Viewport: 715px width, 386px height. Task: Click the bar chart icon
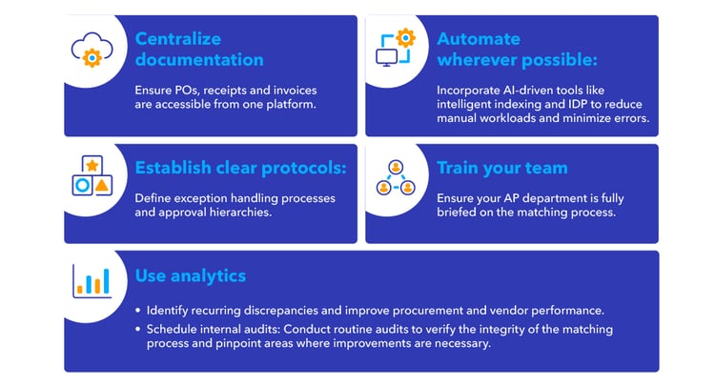[92, 280]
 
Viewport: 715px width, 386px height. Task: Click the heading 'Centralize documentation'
[198, 50]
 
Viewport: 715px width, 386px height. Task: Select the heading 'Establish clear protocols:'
[240, 169]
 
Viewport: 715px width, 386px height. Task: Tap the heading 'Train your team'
[501, 169]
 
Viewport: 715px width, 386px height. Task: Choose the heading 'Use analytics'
[190, 275]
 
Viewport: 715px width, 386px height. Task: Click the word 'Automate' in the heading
[479, 39]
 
